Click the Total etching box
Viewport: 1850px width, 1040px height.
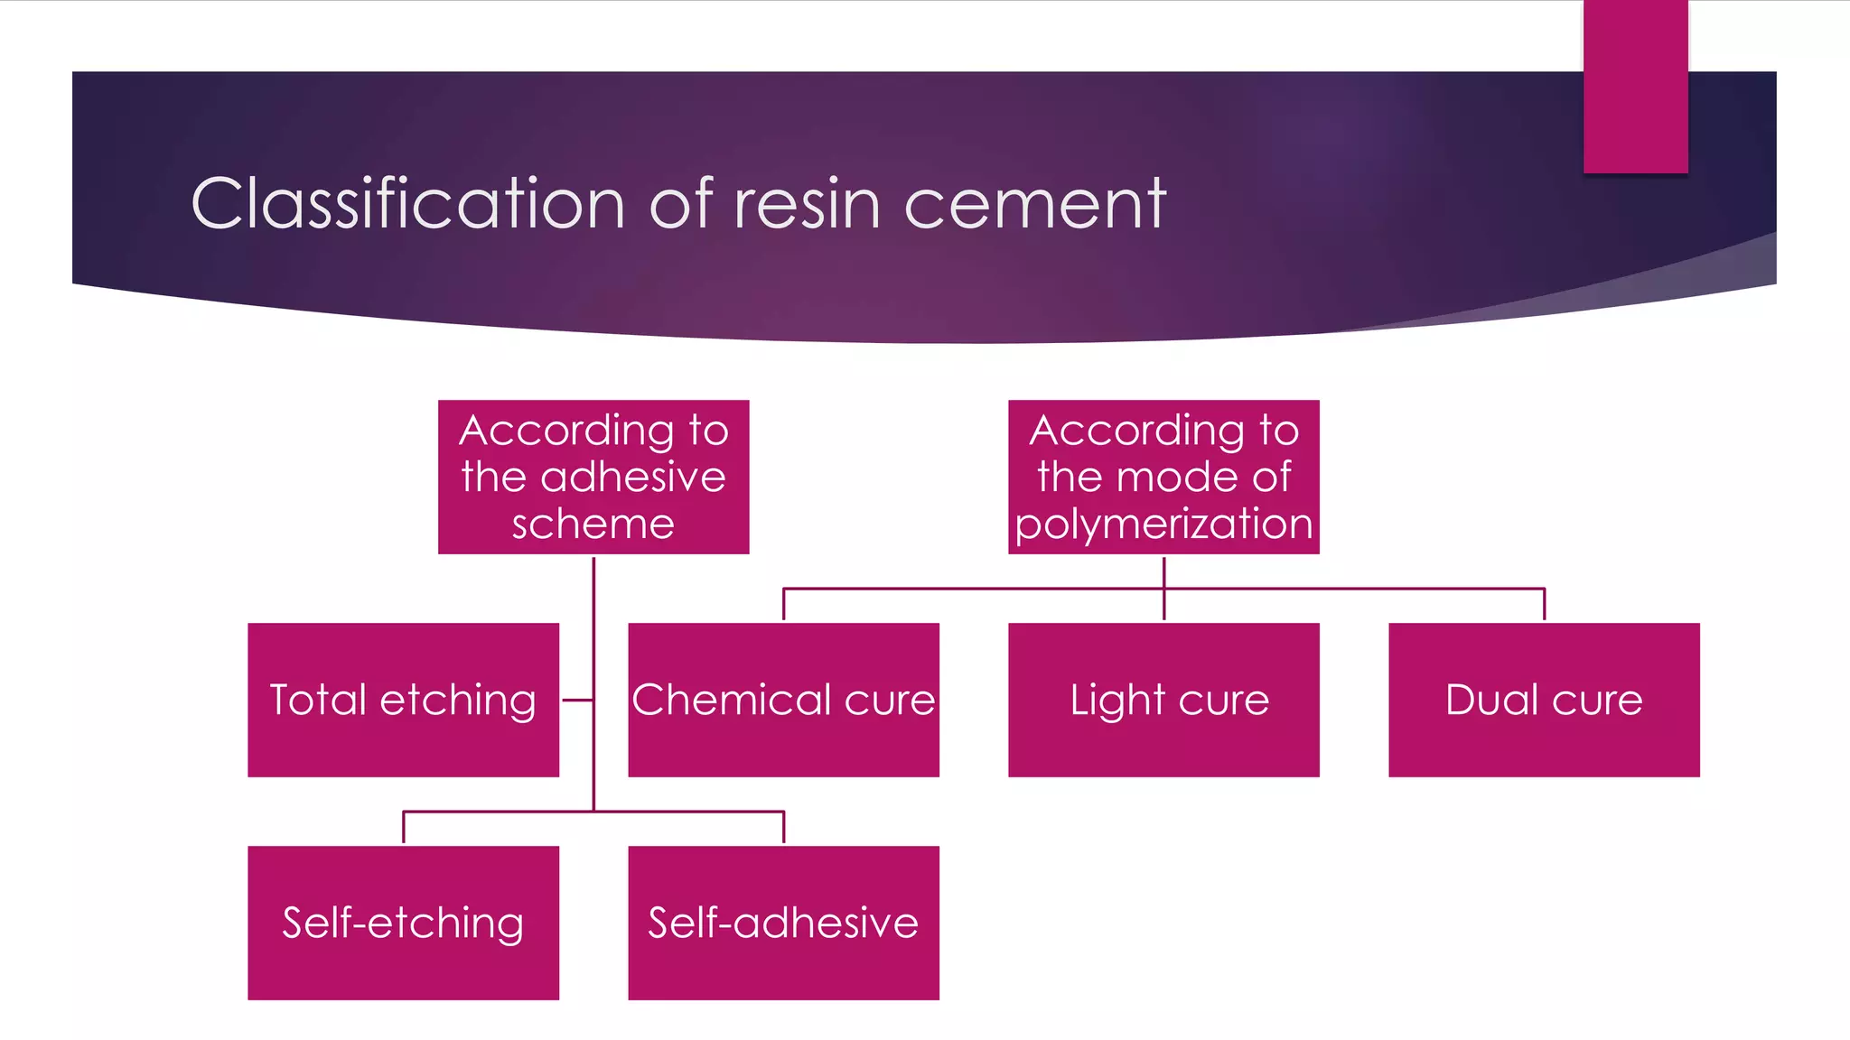coord(403,700)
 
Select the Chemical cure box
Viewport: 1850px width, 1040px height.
coord(783,700)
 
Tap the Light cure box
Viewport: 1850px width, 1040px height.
coord(1163,700)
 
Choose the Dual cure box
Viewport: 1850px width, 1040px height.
coord(1544,700)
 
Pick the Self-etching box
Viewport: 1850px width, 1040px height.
coord(403,923)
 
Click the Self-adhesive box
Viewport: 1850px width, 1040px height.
coord(783,923)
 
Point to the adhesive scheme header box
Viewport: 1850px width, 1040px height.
coord(593,477)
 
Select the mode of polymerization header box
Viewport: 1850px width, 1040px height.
coord(1163,477)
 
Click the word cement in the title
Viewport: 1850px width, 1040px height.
coord(1035,203)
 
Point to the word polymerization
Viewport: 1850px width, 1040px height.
coord(1163,525)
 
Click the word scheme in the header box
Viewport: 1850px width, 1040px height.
coord(593,525)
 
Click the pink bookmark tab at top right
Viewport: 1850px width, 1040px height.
coord(1635,86)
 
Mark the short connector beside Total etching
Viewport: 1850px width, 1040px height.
coord(577,700)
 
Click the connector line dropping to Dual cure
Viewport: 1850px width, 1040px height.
coord(1544,604)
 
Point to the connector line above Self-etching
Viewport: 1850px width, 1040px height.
coord(403,827)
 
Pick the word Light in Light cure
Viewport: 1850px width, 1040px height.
coord(1117,701)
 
